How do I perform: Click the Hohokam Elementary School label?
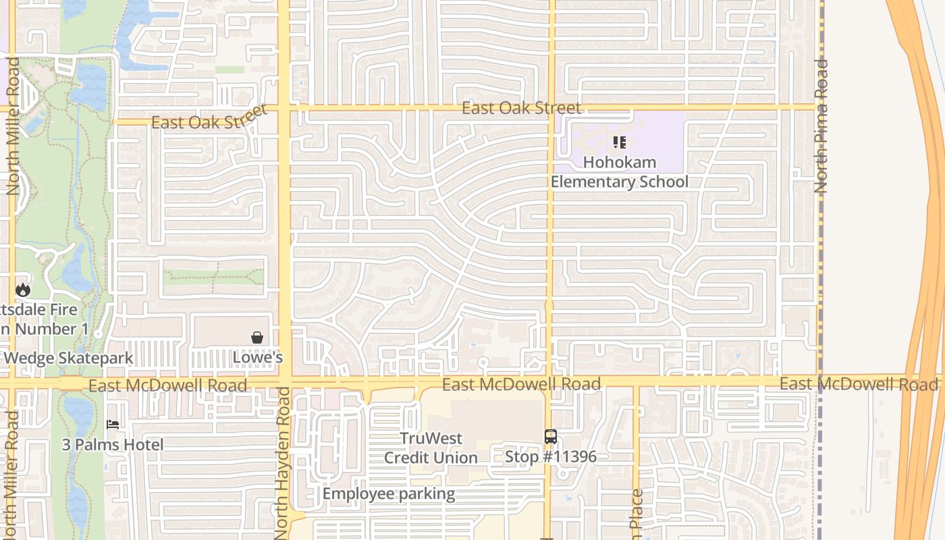pyautogui.click(x=619, y=172)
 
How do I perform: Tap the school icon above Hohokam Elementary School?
pyautogui.click(x=619, y=142)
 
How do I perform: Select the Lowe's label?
pyautogui.click(x=258, y=356)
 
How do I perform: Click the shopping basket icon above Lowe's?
pyautogui.click(x=257, y=337)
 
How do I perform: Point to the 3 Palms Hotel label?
pyautogui.click(x=113, y=445)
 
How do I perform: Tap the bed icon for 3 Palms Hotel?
pyautogui.click(x=113, y=425)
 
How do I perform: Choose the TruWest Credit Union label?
pyautogui.click(x=431, y=448)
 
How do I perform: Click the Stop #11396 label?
pyautogui.click(x=551, y=456)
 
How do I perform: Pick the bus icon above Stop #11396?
pyautogui.click(x=551, y=437)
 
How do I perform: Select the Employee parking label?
pyautogui.click(x=389, y=493)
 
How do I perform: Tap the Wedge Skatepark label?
pyautogui.click(x=67, y=358)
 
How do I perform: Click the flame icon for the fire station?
pyautogui.click(x=23, y=290)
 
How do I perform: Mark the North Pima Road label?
pyautogui.click(x=821, y=126)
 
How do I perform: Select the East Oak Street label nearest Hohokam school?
pyautogui.click(x=521, y=108)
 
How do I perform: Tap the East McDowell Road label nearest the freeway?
pyautogui.click(x=859, y=384)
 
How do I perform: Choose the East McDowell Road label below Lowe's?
pyautogui.click(x=167, y=385)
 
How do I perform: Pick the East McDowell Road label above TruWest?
pyautogui.click(x=521, y=384)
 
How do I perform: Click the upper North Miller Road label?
pyautogui.click(x=13, y=126)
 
